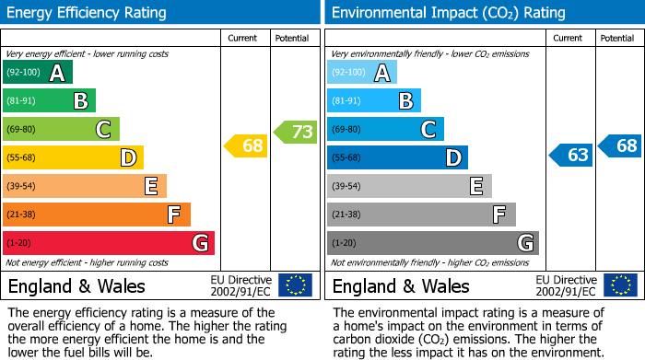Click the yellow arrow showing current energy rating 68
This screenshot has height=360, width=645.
click(246, 145)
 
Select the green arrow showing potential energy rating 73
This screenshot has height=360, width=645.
click(296, 132)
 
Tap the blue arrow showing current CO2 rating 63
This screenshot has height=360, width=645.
click(570, 155)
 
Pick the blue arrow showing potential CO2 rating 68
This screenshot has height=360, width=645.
click(620, 145)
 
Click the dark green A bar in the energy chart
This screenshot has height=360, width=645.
click(38, 73)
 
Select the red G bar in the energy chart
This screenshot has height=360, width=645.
click(109, 243)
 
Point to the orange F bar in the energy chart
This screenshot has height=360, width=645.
click(97, 215)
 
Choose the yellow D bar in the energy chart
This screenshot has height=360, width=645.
click(73, 157)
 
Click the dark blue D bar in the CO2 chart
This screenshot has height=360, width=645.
click(397, 157)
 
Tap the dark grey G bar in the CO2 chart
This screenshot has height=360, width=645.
click(432, 243)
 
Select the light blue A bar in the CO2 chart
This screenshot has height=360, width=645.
click(362, 73)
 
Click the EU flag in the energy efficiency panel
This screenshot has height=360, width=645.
click(295, 285)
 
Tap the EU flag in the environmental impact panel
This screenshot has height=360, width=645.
click(619, 285)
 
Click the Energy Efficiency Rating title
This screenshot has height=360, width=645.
click(88, 13)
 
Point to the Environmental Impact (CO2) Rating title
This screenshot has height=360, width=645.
click(447, 13)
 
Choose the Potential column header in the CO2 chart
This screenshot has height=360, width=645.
click(617, 38)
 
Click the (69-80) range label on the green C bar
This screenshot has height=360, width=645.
click(21, 130)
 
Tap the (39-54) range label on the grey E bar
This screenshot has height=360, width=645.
click(346, 187)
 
